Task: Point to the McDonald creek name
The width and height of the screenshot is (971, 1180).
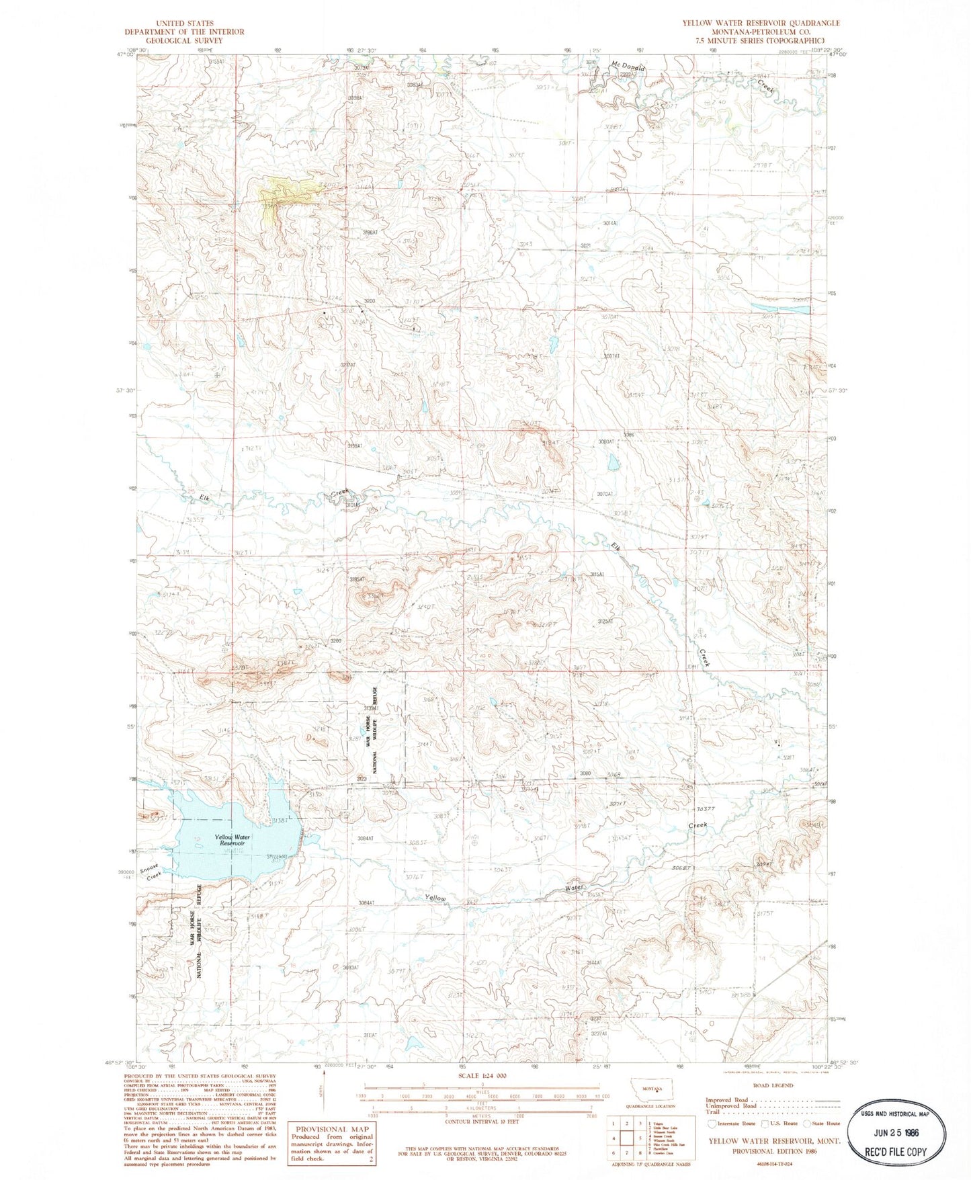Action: coord(628,67)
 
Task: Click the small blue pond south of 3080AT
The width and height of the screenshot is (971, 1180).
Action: coord(613,463)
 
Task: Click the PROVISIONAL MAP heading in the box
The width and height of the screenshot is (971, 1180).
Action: coord(331,1130)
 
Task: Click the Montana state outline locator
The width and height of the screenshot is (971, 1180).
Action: coord(649,1089)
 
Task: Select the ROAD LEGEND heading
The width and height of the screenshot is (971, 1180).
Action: coord(773,1085)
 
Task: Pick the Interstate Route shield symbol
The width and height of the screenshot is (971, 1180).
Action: coord(713,1123)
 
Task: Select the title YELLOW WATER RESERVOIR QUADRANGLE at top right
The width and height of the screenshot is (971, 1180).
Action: coord(761,23)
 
